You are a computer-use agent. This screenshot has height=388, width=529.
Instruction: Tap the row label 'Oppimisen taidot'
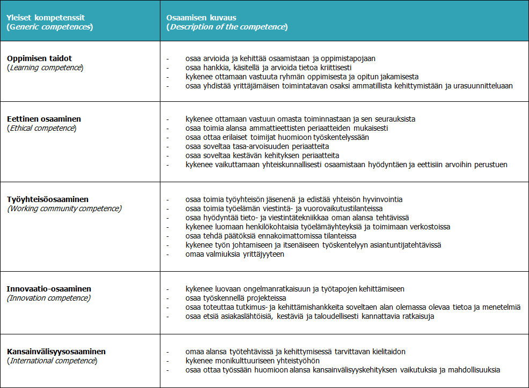click(x=39, y=58)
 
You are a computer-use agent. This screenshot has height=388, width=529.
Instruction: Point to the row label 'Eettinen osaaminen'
click(x=44, y=118)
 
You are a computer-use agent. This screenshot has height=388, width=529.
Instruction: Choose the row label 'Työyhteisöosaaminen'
click(x=48, y=199)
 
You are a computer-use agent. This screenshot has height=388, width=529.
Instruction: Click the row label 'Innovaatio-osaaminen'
click(x=49, y=288)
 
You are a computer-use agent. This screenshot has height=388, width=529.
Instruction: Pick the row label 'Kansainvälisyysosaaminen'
click(x=56, y=351)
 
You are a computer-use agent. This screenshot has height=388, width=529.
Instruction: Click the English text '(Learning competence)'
click(x=45, y=68)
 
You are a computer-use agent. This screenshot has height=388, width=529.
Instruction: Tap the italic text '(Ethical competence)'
click(x=41, y=128)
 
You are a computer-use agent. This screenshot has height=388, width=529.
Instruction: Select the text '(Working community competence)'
click(x=64, y=208)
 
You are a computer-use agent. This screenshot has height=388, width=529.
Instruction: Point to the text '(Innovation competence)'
click(x=49, y=298)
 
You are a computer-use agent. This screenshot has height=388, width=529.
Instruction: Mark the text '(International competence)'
click(x=52, y=361)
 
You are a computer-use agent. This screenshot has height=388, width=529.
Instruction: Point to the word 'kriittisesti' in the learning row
click(x=333, y=68)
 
